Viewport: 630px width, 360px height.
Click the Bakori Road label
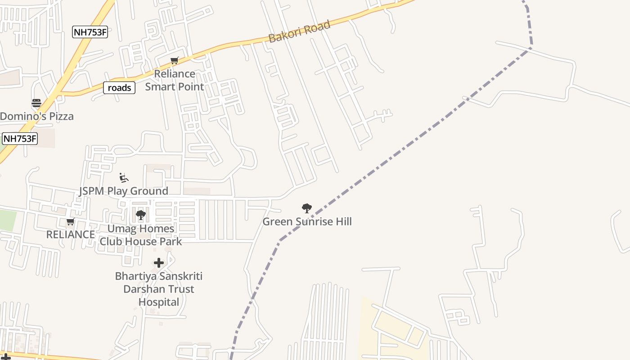point(299,31)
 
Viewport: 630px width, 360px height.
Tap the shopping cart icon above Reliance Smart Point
point(175,60)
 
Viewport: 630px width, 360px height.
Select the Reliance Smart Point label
point(175,80)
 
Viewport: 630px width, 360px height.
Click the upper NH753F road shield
point(90,32)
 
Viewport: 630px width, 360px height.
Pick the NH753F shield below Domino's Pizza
point(20,139)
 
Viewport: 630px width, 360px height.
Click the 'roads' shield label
point(119,88)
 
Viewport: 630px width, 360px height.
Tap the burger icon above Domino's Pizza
point(36,103)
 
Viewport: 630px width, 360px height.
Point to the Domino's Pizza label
point(37,116)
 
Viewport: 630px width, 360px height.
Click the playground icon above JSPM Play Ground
point(123,178)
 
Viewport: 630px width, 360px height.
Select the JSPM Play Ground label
point(124,191)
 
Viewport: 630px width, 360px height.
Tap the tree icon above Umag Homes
point(140,215)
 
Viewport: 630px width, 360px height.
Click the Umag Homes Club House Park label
point(141,235)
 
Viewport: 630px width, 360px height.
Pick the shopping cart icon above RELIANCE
point(70,222)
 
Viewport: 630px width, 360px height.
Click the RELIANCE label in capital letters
point(71,234)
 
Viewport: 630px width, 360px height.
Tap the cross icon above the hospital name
point(158,263)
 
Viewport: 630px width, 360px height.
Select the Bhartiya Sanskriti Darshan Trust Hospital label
point(159,289)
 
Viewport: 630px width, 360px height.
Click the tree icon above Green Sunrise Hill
point(307,208)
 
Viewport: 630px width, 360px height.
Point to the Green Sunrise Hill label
point(307,221)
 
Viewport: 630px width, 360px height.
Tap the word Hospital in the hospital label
point(159,302)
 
